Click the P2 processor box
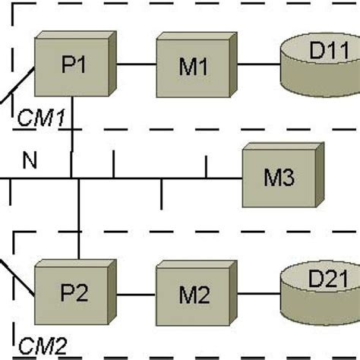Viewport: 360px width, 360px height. [74, 293]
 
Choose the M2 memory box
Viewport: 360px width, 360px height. [193, 294]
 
